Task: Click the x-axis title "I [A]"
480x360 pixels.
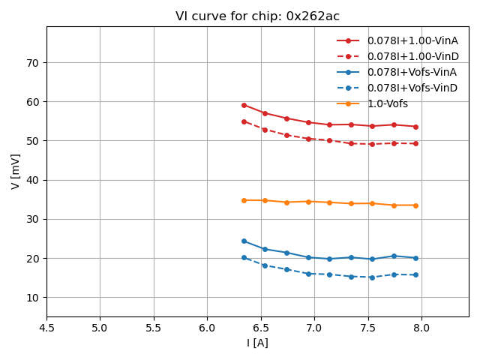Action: click(257, 343)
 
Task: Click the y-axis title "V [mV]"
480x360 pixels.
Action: click(16, 171)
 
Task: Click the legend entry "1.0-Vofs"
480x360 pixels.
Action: click(388, 103)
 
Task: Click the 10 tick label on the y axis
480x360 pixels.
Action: click(33, 298)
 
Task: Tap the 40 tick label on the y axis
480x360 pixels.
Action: click(33, 180)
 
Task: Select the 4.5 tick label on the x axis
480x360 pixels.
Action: click(46, 328)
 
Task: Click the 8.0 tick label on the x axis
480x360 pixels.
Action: click(421, 328)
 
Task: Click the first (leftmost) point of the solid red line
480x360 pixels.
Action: click(244, 105)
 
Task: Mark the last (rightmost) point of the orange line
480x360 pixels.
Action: click(415, 205)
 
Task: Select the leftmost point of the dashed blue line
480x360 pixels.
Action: click(244, 257)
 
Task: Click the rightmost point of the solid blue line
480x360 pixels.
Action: click(415, 258)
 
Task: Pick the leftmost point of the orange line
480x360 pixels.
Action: click(244, 200)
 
